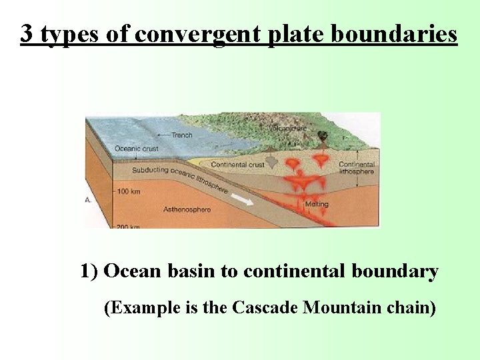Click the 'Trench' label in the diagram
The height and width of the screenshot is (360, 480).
pyautogui.click(x=181, y=135)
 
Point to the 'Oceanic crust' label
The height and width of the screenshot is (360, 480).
pyautogui.click(x=136, y=149)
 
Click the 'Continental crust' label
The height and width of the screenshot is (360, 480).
pyautogui.click(x=237, y=165)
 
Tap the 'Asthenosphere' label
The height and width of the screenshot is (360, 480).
pyautogui.click(x=187, y=209)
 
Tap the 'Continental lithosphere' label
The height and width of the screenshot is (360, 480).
pyautogui.click(x=357, y=168)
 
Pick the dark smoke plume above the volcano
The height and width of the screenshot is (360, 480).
pyautogui.click(x=322, y=137)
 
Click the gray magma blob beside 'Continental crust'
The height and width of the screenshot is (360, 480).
pyautogui.click(x=274, y=163)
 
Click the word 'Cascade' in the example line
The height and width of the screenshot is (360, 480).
pyautogui.click(x=265, y=308)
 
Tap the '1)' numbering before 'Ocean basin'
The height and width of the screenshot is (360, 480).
pyautogui.click(x=89, y=271)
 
